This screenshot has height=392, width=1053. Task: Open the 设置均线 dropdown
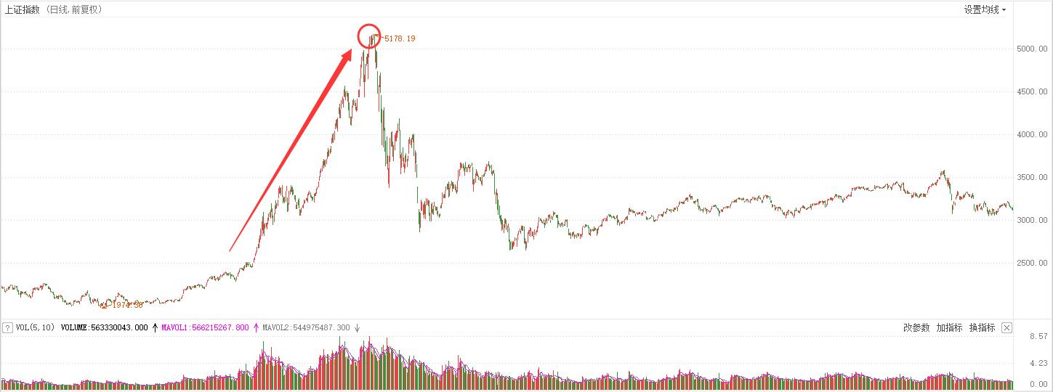tap(985, 9)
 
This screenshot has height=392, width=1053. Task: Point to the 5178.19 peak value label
tap(400, 38)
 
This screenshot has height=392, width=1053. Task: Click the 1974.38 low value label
tap(126, 305)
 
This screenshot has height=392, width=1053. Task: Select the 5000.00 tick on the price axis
tap(1032, 49)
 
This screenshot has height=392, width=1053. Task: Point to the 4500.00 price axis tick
tap(1032, 91)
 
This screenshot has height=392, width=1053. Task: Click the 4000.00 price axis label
tap(1032, 134)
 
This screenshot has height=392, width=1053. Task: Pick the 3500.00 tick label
tap(1032, 177)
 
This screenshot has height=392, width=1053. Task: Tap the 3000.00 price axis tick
tap(1032, 220)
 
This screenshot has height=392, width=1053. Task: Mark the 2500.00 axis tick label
tap(1032, 263)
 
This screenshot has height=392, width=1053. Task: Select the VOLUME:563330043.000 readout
tap(105, 328)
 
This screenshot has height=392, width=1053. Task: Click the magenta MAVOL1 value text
tap(205, 328)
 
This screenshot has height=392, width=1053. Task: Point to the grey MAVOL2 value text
tap(306, 328)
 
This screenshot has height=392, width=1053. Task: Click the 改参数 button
tap(916, 328)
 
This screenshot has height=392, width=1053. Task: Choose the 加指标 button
tap(949, 328)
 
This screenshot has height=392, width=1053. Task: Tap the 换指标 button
tap(982, 328)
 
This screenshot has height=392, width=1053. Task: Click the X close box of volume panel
tap(1006, 328)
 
